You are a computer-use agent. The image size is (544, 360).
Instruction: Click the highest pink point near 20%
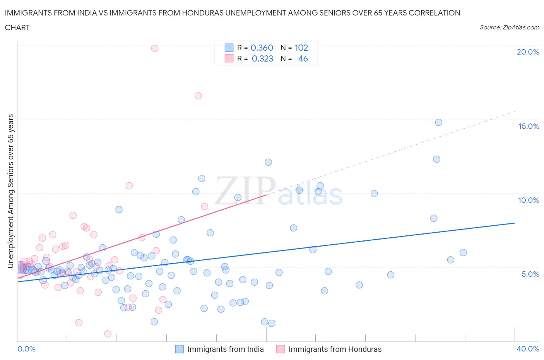click(155, 48)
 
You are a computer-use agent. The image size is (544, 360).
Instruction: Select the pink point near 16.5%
click(198, 96)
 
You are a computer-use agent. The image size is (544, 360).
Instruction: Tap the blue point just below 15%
click(438, 122)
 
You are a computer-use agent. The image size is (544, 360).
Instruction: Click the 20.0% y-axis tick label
click(528, 52)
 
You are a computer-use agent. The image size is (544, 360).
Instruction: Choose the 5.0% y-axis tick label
click(530, 274)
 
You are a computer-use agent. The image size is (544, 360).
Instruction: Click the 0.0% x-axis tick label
click(26, 349)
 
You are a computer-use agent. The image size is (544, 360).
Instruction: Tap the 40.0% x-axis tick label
click(528, 349)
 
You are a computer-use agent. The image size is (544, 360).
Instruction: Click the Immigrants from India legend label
click(226, 349)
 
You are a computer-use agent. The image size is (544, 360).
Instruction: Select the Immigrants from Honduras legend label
click(335, 349)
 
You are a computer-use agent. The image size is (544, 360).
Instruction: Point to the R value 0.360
click(262, 48)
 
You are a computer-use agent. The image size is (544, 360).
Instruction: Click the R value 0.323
click(262, 58)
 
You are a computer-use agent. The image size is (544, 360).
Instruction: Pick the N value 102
click(301, 48)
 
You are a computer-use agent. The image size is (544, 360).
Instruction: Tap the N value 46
click(303, 58)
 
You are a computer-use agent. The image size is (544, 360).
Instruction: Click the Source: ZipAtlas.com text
click(509, 27)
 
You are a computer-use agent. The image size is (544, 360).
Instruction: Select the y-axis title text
click(11, 191)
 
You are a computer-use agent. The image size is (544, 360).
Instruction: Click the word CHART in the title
click(17, 27)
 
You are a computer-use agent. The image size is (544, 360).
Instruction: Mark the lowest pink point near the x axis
click(108, 334)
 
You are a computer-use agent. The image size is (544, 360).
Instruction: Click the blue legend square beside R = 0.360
click(229, 48)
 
